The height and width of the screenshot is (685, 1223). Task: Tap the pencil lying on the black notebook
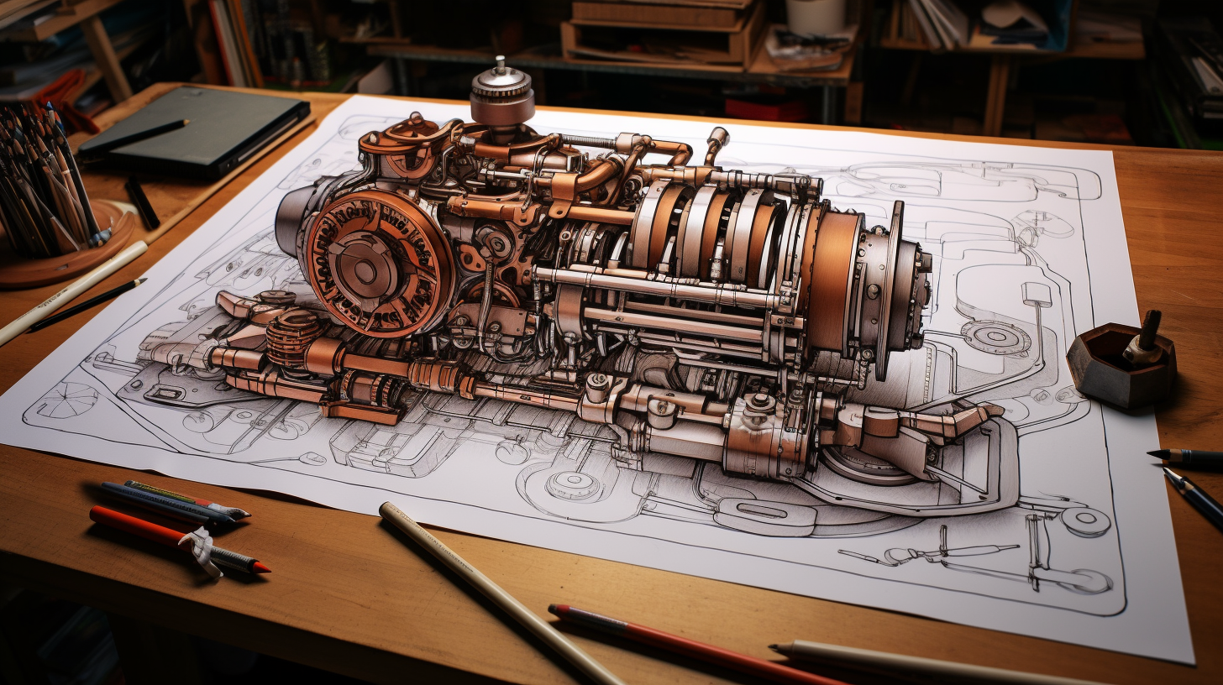coord(134,135)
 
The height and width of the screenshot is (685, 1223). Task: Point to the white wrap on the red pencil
coord(200,550)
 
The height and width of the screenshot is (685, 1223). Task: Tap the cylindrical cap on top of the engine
coord(501,94)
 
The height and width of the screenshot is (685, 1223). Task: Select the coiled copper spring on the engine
coord(291,336)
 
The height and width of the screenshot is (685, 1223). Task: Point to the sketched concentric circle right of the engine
coord(995,336)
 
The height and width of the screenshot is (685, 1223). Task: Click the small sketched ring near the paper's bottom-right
coord(1085,521)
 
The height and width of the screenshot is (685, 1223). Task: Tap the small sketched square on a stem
coord(1037,293)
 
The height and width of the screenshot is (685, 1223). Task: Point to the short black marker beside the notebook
coord(142,203)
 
